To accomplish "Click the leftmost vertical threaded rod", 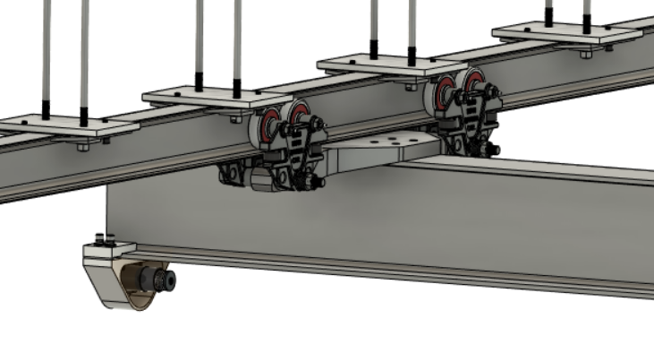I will (x=46, y=54).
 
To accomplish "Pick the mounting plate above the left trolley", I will (x=215, y=95).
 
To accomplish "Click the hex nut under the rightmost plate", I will (x=585, y=54).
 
